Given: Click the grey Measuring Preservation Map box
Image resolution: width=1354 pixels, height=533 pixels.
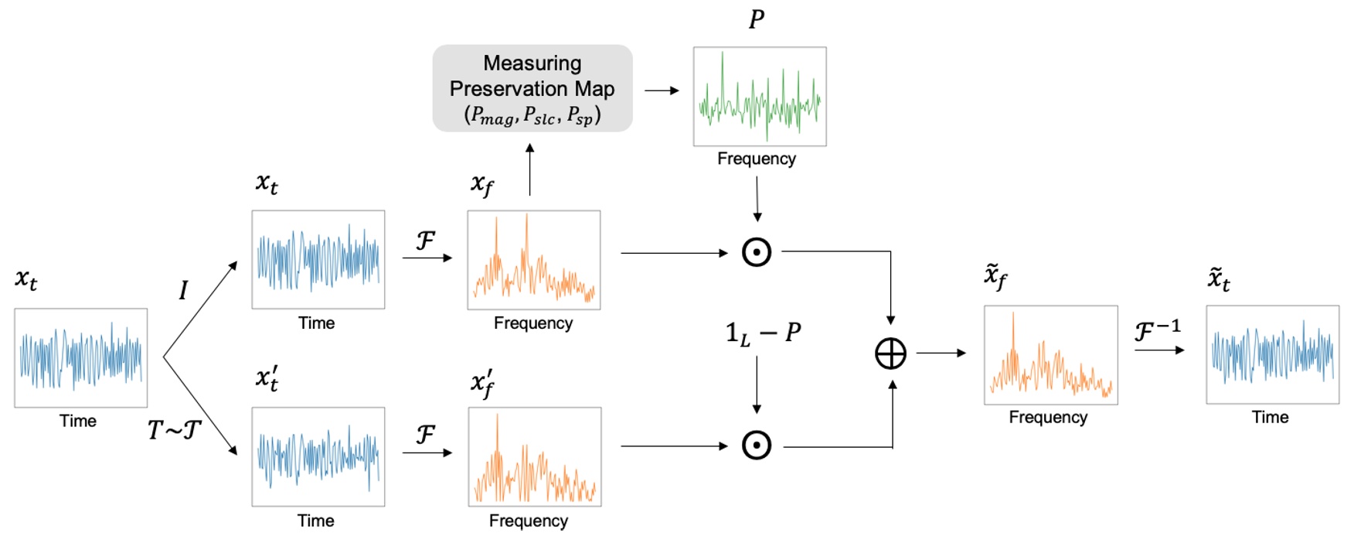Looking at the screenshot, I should (532, 88).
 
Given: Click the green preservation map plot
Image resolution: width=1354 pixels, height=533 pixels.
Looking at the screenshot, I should (759, 97).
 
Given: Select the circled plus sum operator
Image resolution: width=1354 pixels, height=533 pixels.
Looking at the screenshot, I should (890, 354).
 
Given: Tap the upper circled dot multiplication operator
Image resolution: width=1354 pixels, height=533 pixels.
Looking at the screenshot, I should (756, 252).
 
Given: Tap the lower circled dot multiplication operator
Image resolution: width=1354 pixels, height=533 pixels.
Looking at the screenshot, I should (756, 446).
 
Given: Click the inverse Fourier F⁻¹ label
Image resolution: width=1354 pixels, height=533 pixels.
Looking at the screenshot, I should (1157, 331).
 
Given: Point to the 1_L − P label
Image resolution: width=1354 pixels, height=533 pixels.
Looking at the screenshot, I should (763, 333).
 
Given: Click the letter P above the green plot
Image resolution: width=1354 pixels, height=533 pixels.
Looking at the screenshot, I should (757, 19).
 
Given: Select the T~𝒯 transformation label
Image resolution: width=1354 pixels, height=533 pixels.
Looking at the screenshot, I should (175, 429).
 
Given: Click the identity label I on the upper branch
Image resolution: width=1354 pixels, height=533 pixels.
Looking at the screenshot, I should (183, 290).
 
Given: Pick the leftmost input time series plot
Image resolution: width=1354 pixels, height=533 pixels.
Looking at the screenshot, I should (80, 357).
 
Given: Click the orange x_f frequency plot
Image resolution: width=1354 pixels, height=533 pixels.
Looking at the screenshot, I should (533, 260).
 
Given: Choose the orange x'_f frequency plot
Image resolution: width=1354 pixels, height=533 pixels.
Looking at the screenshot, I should (534, 456).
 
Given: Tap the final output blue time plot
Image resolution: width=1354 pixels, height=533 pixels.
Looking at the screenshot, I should (1272, 354).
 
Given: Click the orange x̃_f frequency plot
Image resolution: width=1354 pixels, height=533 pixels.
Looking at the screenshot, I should (1050, 354).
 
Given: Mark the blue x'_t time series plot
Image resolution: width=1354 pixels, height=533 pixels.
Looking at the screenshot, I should (318, 456).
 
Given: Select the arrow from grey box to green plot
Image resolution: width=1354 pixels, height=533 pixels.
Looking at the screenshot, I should (662, 91).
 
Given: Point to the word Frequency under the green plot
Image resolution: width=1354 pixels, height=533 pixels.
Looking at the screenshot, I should (756, 159).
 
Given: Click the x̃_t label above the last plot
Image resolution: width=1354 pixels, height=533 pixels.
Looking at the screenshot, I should (1218, 279).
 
